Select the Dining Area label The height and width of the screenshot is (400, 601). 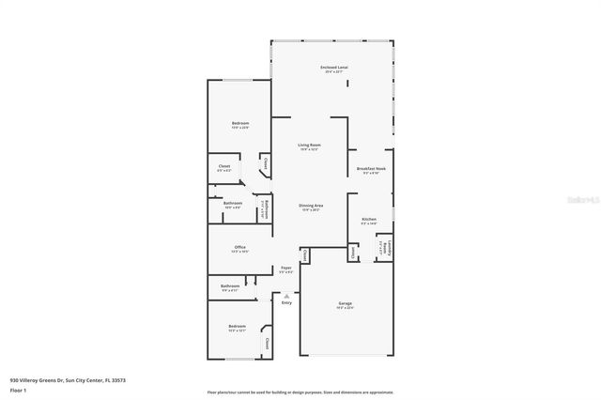pyautogui.click(x=312, y=205)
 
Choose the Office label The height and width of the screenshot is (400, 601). pyautogui.click(x=240, y=248)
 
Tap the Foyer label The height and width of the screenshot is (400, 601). pyautogui.click(x=286, y=268)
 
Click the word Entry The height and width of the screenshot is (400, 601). pyautogui.click(x=286, y=302)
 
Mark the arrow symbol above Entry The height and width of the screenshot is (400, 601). pyautogui.click(x=286, y=295)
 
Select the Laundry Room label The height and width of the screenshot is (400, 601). pyautogui.click(x=386, y=248)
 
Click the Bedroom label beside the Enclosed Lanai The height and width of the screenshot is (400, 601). pyautogui.click(x=240, y=124)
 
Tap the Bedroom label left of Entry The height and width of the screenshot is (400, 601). pyautogui.click(x=237, y=326)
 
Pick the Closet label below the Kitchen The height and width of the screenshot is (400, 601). pyautogui.click(x=353, y=251)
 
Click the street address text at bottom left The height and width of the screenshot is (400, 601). pyautogui.click(x=68, y=380)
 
